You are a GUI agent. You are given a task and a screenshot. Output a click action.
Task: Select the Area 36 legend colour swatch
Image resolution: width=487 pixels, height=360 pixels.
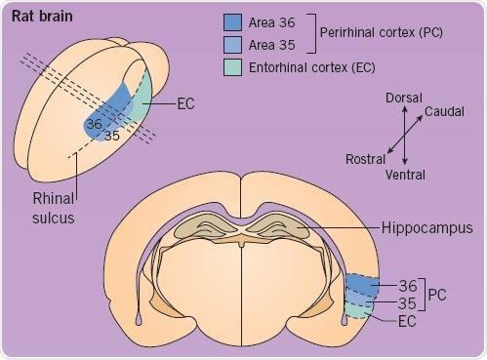(x=233, y=21)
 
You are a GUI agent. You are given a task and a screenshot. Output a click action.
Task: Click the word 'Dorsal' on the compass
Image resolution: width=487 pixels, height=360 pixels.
(x=403, y=97)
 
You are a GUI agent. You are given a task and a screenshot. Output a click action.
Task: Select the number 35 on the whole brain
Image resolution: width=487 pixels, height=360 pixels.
(x=112, y=136)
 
